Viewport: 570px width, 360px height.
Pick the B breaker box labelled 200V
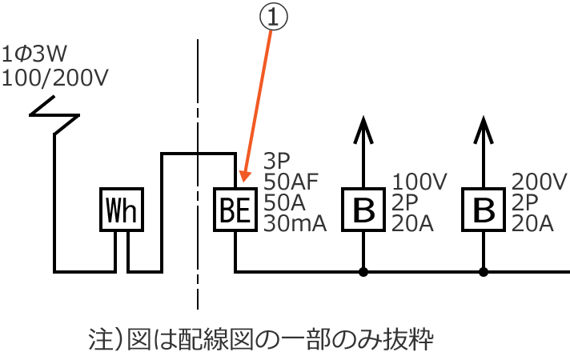483,210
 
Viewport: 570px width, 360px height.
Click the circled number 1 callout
272,18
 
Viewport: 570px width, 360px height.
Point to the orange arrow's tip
239,181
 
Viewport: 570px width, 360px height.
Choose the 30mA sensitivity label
295,224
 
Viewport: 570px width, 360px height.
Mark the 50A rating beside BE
284,203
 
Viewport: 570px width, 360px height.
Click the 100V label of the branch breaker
417,182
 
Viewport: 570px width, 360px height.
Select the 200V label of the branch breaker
538,182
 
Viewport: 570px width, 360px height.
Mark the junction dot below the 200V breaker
483,272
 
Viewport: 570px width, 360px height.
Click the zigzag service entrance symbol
54,114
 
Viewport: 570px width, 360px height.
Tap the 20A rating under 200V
532,224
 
